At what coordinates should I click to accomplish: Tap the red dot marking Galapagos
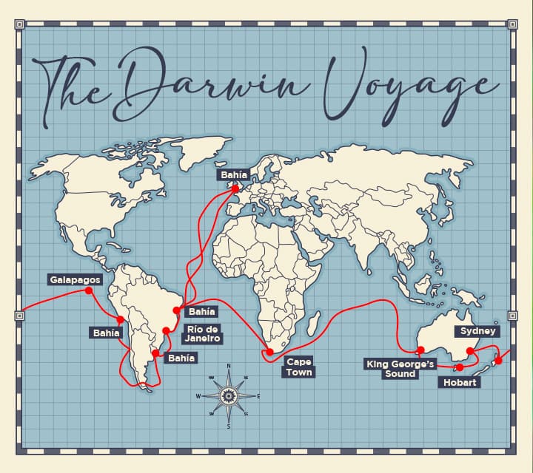coord(89,291)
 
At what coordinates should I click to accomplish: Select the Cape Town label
coord(299,367)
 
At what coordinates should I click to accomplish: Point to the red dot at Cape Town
coord(270,352)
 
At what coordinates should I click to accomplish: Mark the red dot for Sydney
coord(470,351)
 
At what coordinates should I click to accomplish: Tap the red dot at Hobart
coord(460,367)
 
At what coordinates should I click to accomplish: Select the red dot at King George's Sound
coord(420,350)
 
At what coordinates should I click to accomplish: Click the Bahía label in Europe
coord(234,176)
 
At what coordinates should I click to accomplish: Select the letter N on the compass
coord(228,366)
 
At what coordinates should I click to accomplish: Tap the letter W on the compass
coord(198,396)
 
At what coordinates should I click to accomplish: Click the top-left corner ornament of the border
coord(19,24)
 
